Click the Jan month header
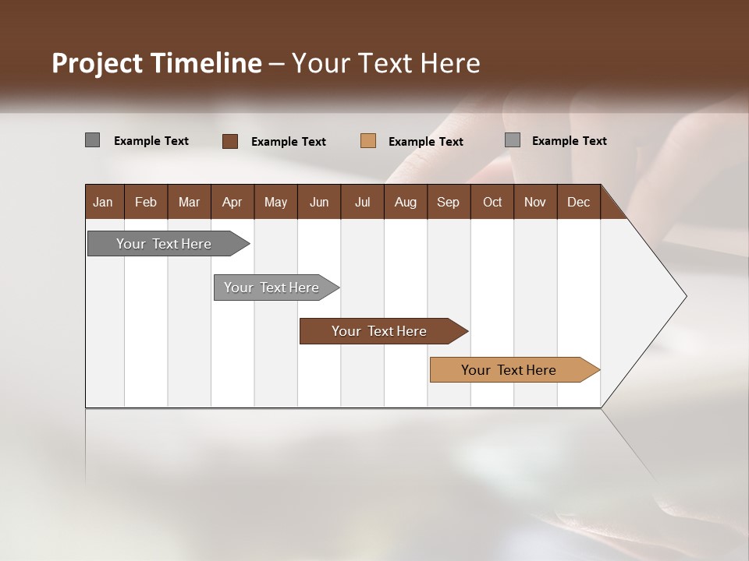(x=103, y=202)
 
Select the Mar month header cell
(x=189, y=202)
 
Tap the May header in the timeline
(x=275, y=202)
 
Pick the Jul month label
(x=362, y=202)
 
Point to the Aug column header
(x=405, y=202)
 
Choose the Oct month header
(x=492, y=202)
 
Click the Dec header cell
(x=578, y=202)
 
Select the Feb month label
(x=146, y=202)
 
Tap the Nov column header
(x=535, y=202)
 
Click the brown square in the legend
(x=230, y=141)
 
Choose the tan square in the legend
(x=368, y=141)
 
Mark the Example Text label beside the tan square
(x=426, y=142)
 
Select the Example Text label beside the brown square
(x=289, y=142)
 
